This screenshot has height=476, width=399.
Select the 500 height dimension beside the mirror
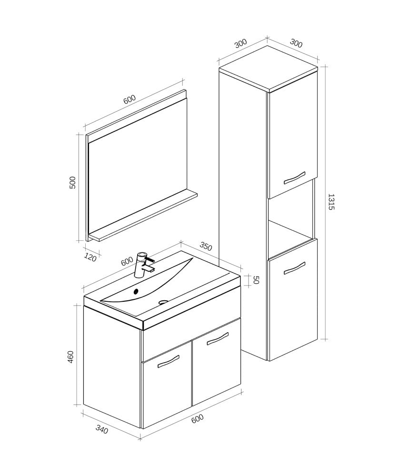click(73, 182)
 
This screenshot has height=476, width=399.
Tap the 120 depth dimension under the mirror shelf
click(90, 258)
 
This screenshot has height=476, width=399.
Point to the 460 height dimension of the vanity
click(71, 357)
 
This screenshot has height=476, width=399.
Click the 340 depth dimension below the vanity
click(102, 429)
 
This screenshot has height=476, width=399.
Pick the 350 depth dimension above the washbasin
click(206, 247)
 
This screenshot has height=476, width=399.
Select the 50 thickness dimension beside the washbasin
click(255, 280)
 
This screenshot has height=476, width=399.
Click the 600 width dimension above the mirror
click(130, 99)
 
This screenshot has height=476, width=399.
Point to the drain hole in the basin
click(163, 301)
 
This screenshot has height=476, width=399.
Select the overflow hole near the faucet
click(136, 291)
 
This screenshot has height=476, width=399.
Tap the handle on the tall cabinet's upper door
click(294, 177)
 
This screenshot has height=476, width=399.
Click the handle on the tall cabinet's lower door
click(294, 268)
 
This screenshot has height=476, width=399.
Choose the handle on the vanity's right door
click(218, 337)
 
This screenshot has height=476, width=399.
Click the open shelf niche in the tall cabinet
click(290, 219)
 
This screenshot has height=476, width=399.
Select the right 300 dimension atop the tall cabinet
click(296, 43)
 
